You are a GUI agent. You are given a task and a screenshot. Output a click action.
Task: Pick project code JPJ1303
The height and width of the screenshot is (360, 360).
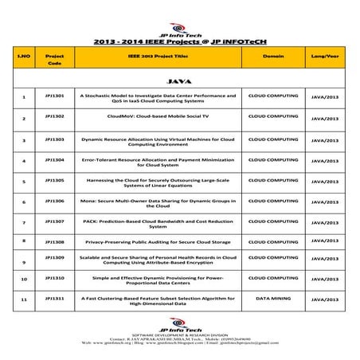pos(56,138)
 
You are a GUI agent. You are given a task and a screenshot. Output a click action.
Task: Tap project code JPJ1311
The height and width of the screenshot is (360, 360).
pos(56,297)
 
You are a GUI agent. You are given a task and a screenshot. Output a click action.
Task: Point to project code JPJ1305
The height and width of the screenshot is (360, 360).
pos(56,180)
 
